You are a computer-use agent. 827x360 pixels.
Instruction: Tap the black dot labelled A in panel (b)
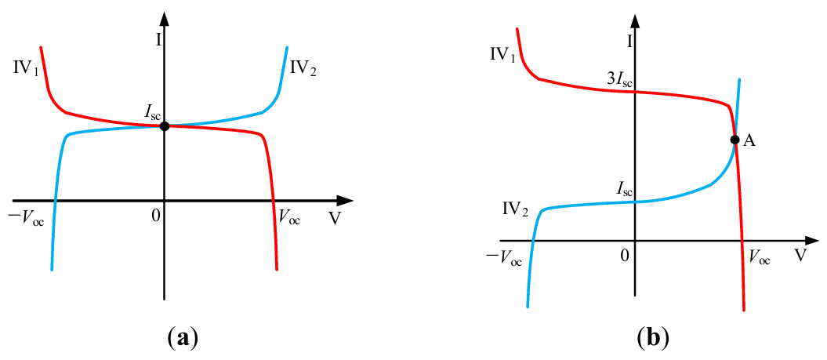735,140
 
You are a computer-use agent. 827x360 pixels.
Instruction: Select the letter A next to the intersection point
749,140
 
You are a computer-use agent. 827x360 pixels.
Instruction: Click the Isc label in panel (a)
151,112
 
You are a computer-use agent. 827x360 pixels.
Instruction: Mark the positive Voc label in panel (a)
289,219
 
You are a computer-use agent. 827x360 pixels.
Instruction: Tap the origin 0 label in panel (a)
157,214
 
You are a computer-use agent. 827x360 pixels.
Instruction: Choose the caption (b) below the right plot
653,338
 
